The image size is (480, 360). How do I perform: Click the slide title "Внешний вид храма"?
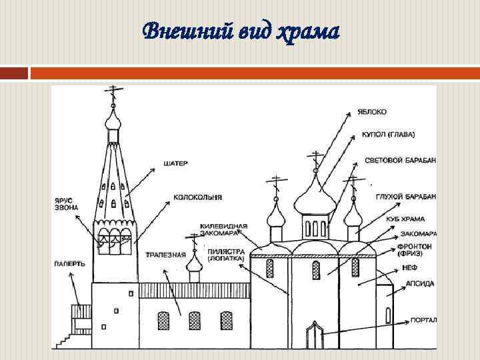coord(241,31)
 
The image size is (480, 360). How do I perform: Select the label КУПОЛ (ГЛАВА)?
coord(388,135)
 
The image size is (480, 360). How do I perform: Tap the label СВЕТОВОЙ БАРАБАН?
coord(400,161)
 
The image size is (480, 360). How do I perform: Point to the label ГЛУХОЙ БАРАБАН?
coord(405,196)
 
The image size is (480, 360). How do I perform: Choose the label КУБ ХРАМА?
coord(405,219)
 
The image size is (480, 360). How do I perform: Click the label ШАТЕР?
coord(175,162)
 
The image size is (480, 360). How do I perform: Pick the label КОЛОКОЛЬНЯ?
coord(197,197)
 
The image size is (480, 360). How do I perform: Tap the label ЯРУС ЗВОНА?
coord(67,204)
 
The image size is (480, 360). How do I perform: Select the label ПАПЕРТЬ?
coord(69,263)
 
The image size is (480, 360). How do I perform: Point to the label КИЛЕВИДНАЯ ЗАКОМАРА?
coord(223,230)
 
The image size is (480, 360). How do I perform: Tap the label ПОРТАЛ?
coord(424,320)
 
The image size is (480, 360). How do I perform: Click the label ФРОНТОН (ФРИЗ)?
coord(415,250)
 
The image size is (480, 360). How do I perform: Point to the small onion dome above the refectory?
coord(194,264)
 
